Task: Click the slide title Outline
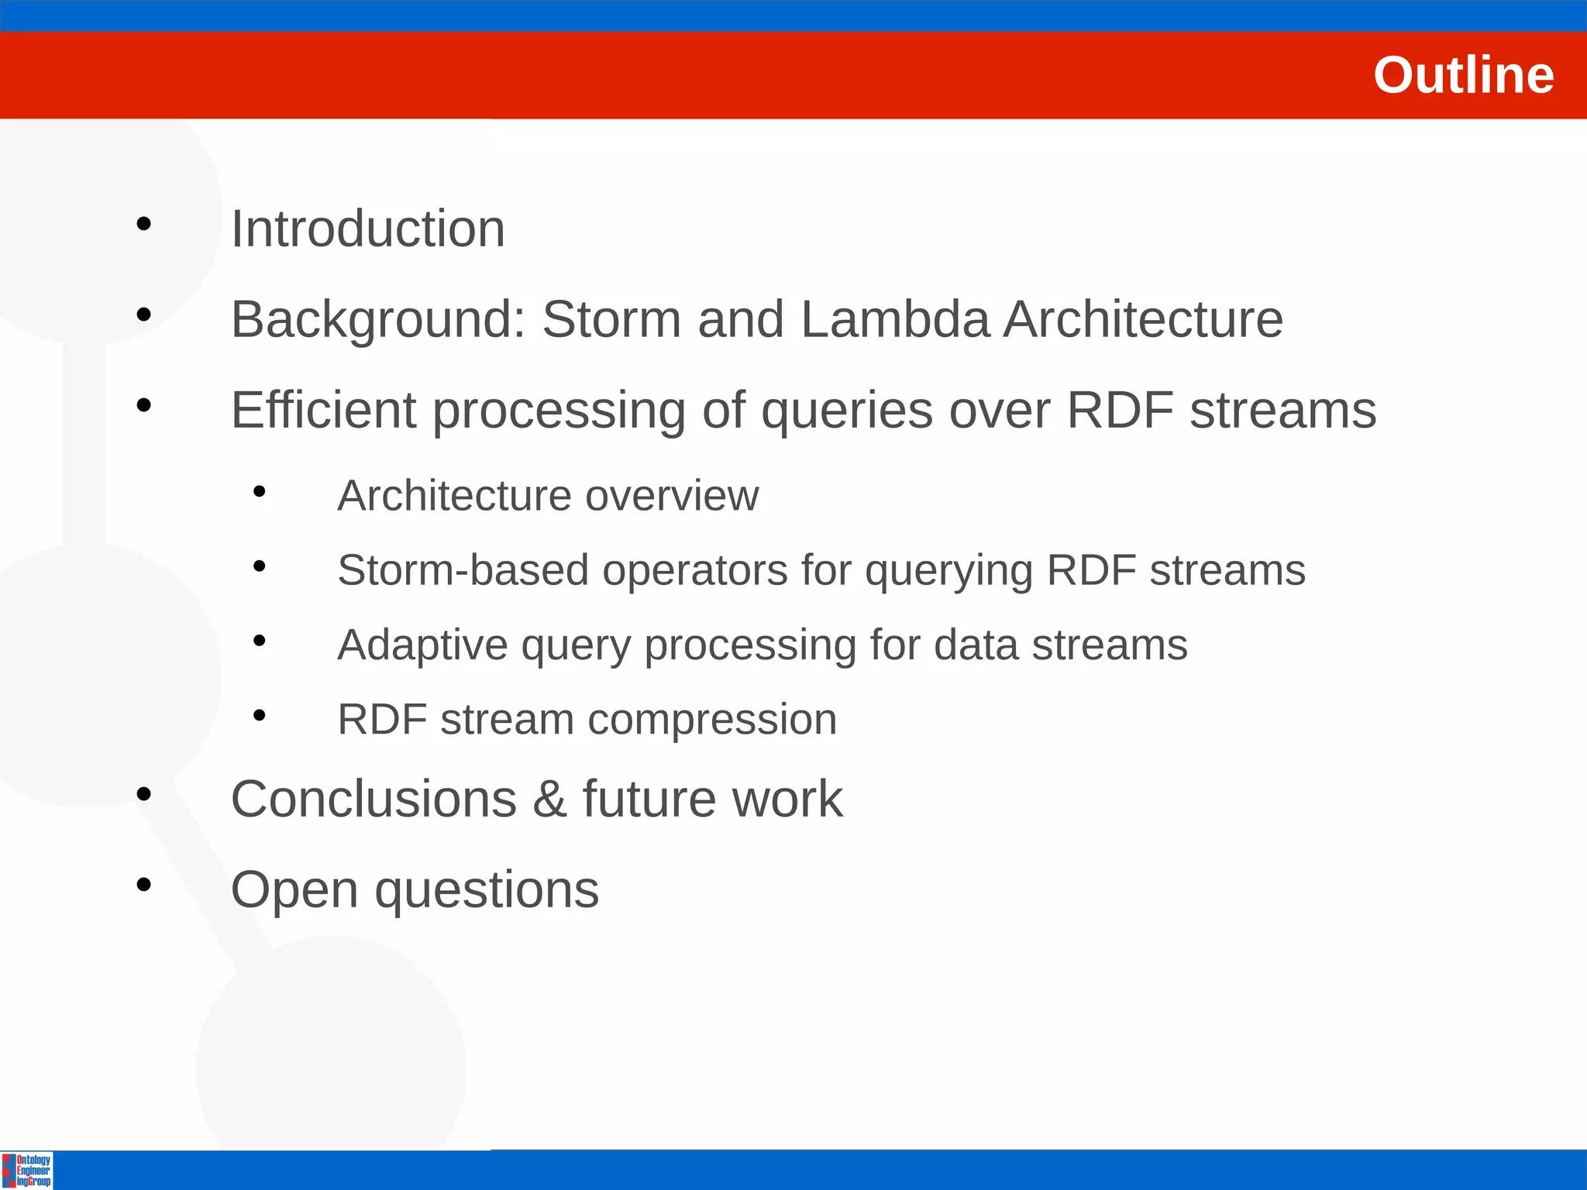coord(1463,75)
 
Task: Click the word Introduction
coord(368,229)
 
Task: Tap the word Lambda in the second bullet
coord(895,319)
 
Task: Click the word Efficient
coord(323,410)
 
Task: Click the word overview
coord(672,496)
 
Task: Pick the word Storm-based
coord(463,570)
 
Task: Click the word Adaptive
coord(422,645)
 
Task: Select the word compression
coord(712,721)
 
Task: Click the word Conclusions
coord(374,799)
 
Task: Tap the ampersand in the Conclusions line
coord(549,799)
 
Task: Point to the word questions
coord(487,891)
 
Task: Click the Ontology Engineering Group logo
coord(27,1170)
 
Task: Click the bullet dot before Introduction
coord(143,225)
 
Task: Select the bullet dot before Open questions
coord(143,885)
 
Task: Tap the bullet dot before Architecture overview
coord(260,491)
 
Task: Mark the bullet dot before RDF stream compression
coord(260,715)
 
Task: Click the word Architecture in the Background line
coord(1143,319)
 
